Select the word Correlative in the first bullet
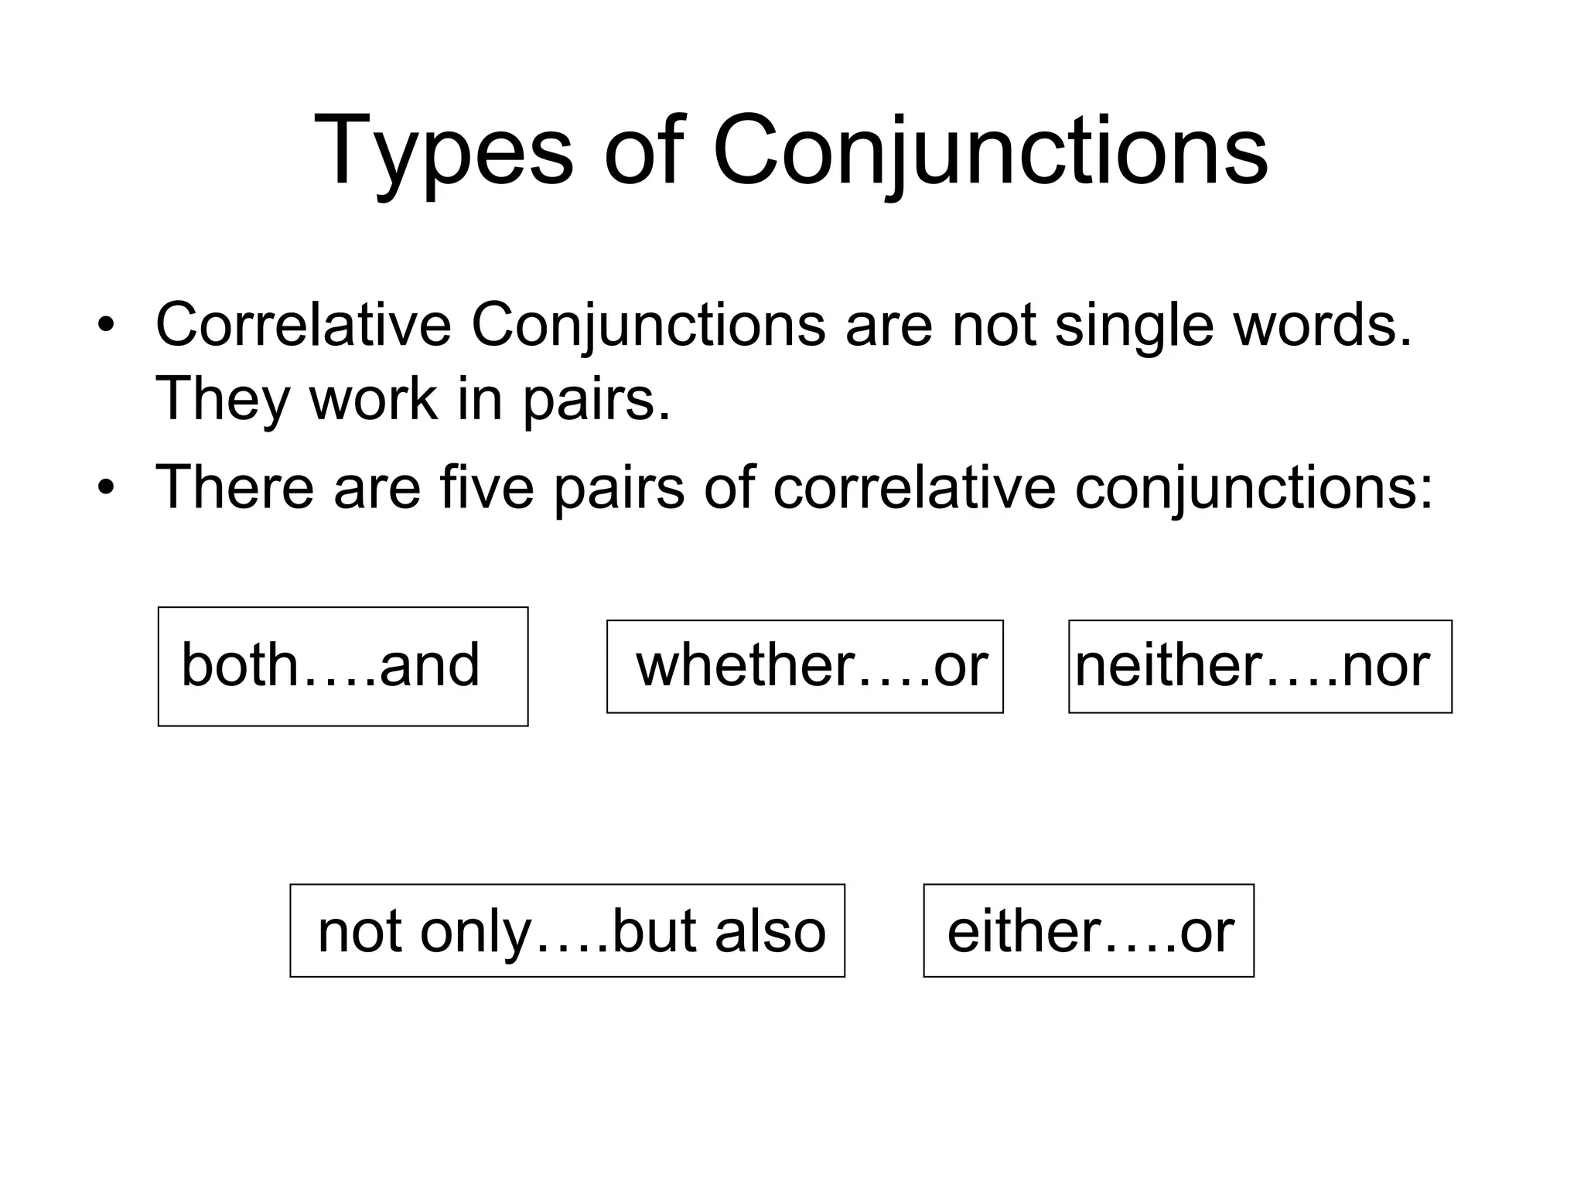point(303,325)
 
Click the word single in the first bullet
point(1135,325)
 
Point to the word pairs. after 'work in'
point(596,399)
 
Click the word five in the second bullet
point(486,487)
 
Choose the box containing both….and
point(343,666)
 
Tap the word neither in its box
point(1169,666)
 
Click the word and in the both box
point(429,666)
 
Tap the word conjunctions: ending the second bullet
point(1254,487)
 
